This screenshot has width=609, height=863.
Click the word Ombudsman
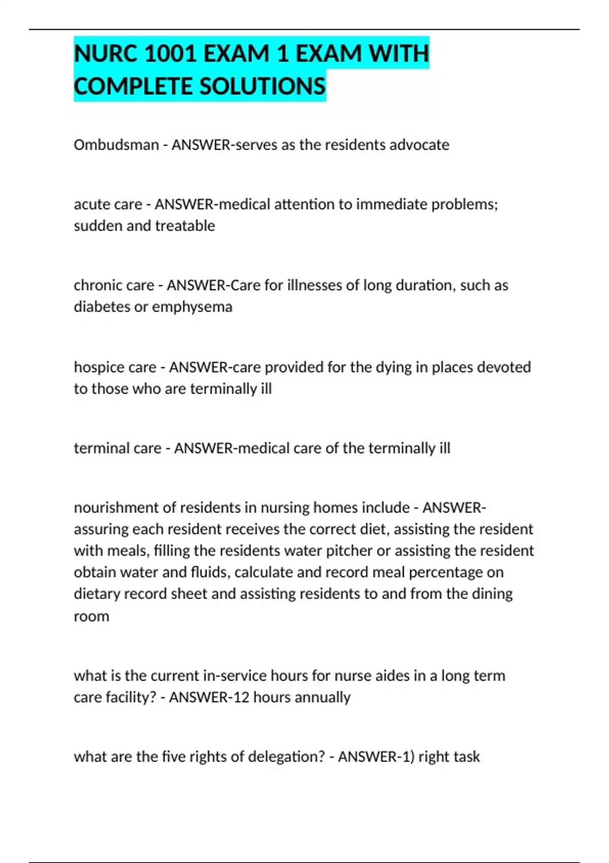point(116,145)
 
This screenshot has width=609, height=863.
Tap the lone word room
point(91,616)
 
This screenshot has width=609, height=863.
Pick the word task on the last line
point(466,757)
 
